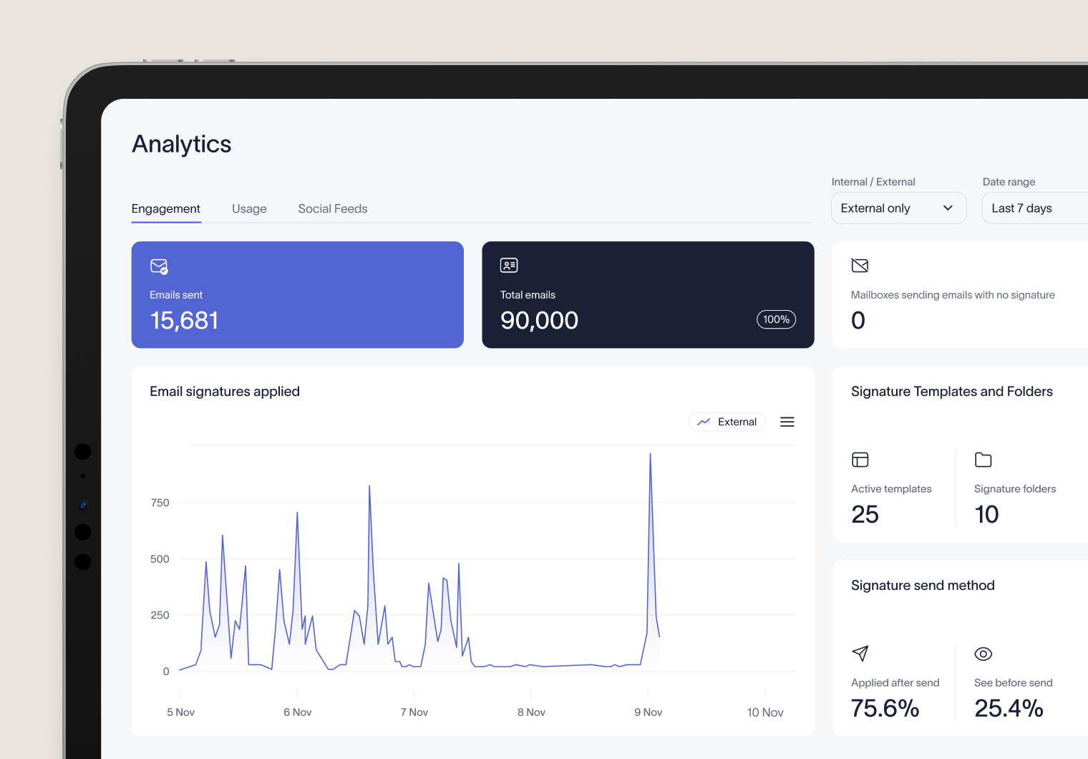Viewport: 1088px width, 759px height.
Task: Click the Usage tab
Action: point(249,209)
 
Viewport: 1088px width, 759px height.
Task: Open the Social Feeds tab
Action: point(332,209)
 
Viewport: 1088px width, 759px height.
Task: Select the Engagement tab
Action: point(166,209)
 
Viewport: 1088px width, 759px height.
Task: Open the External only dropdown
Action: point(898,208)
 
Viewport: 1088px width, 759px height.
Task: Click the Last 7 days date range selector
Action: point(1031,208)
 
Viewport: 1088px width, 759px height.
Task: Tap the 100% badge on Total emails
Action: point(776,319)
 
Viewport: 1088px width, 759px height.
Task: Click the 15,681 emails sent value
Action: point(184,321)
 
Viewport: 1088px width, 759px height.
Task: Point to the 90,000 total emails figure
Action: point(539,321)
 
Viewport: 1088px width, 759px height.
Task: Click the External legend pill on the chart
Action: point(727,422)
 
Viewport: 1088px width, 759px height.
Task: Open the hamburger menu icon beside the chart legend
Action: point(787,422)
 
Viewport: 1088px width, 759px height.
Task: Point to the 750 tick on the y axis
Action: point(160,503)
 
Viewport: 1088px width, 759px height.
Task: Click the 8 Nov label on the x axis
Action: point(531,712)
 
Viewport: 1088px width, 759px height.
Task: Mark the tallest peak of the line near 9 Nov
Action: point(650,454)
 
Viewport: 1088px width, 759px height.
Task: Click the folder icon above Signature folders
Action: point(983,460)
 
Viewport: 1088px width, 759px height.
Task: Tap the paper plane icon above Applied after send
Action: point(860,653)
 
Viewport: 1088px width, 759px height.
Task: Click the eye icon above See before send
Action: point(983,654)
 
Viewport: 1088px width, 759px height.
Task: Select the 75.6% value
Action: point(885,708)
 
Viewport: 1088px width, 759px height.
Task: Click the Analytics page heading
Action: point(182,144)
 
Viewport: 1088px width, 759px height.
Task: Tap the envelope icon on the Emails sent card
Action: point(159,266)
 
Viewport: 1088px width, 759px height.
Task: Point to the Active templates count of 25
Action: point(865,514)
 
